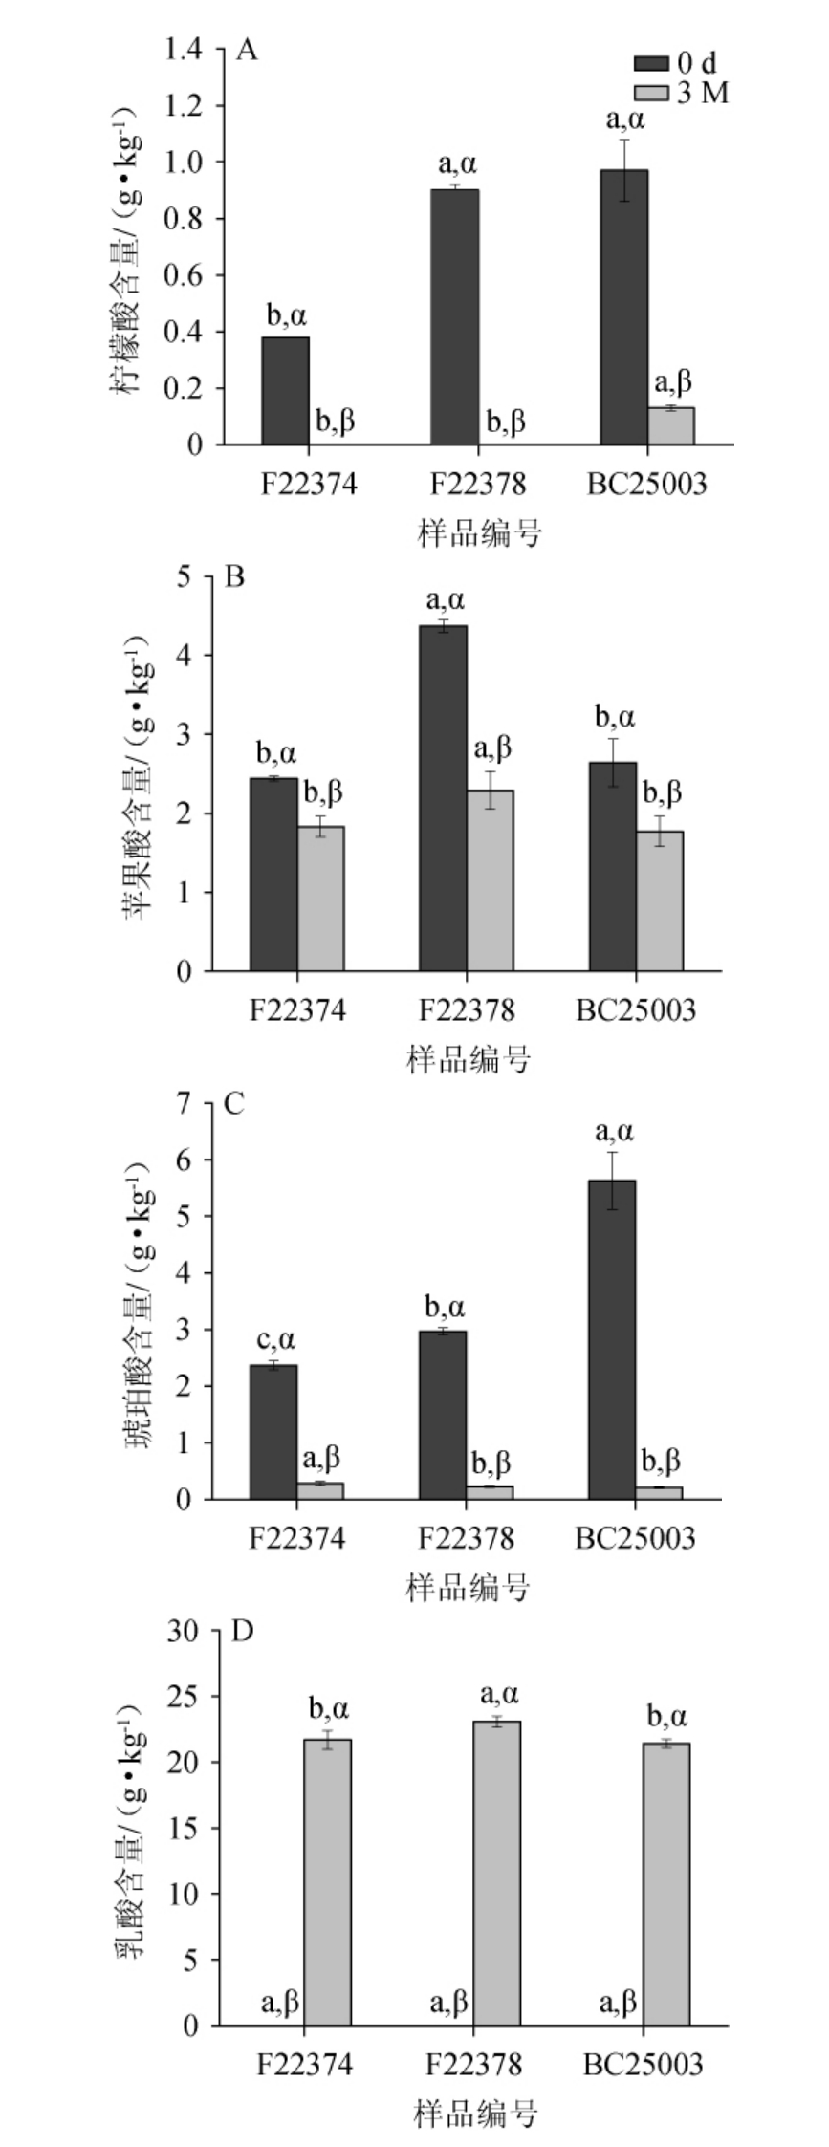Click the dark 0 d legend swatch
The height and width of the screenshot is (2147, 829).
point(652,64)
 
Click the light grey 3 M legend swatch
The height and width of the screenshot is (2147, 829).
point(652,93)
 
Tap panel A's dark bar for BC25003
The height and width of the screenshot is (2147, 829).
point(624,307)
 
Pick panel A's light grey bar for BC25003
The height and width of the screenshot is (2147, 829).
point(671,426)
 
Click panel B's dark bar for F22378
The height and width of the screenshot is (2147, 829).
point(444,798)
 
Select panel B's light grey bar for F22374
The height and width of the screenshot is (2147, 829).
point(320,899)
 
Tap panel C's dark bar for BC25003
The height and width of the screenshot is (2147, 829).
point(612,1339)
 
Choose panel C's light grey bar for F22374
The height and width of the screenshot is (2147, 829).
point(320,1490)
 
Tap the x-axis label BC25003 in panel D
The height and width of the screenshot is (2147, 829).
point(643,2065)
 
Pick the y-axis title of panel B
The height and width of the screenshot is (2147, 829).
point(139,774)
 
